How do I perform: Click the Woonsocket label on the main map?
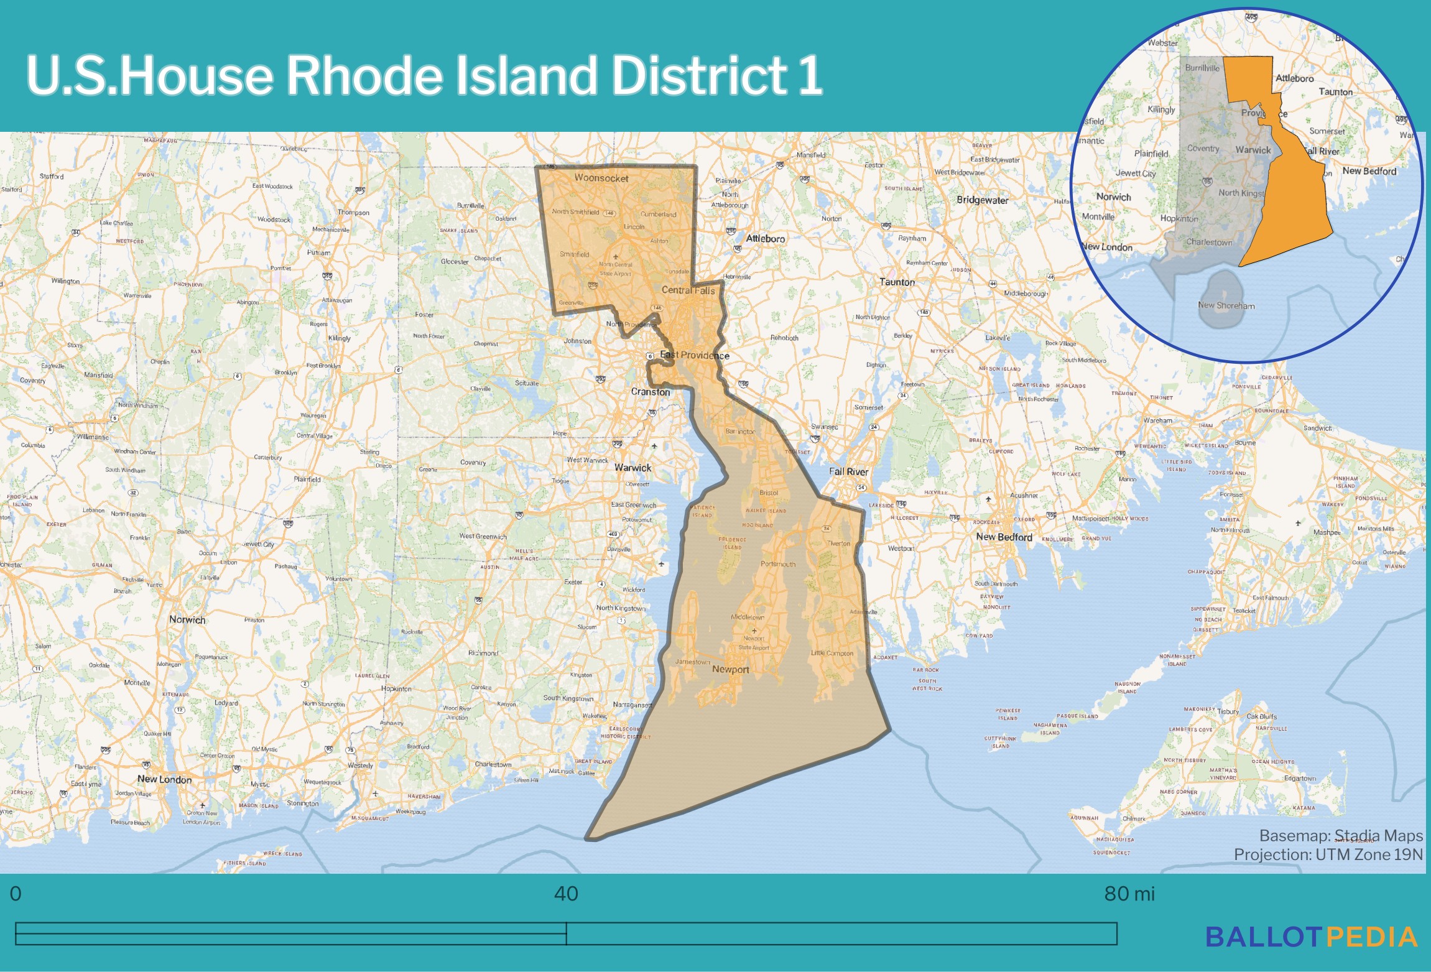[x=601, y=178]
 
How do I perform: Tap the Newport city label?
[x=730, y=670]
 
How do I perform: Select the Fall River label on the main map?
[x=848, y=471]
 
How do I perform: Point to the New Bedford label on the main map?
[x=1004, y=537]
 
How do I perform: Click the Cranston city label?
[x=651, y=392]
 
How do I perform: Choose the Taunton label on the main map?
[x=897, y=282]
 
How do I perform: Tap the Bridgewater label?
[x=983, y=200]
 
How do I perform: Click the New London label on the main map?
[x=164, y=779]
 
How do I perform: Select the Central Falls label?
[x=688, y=290]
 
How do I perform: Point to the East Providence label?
[x=695, y=355]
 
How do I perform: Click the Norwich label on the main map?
[x=187, y=619]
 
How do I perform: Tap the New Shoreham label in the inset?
[x=1226, y=305]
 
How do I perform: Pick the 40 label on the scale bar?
[x=566, y=894]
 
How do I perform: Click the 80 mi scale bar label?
[x=1129, y=894]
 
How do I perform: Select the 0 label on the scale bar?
[x=16, y=894]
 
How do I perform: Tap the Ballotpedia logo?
[x=1311, y=937]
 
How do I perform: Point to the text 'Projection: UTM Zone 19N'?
[x=1328, y=854]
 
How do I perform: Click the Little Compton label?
[x=832, y=653]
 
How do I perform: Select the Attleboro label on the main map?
[x=765, y=239]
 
